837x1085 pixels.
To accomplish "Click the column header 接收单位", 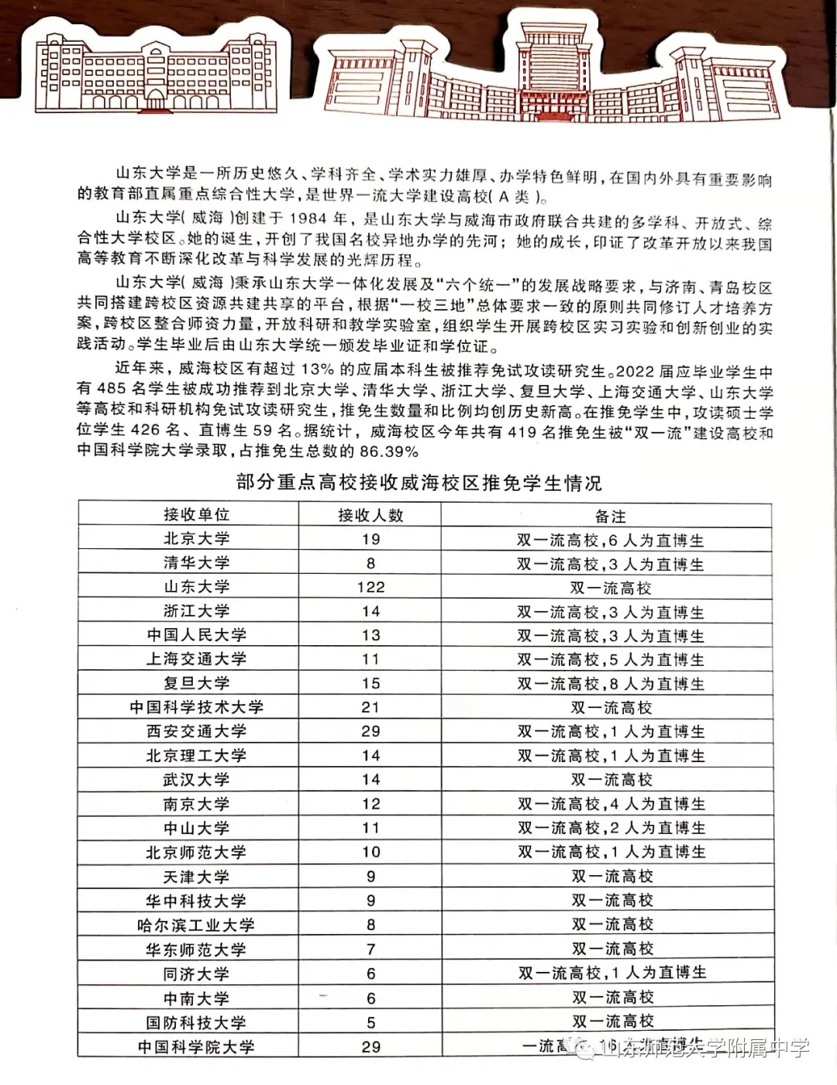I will coord(196,515).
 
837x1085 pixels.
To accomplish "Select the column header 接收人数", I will coord(370,515).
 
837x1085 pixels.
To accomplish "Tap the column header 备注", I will coord(610,516).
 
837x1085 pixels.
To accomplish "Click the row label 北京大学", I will coord(196,539).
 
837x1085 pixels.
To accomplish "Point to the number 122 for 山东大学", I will coord(370,587).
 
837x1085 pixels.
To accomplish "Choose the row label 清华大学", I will coord(196,563).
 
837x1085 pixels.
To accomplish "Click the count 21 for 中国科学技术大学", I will coord(370,707).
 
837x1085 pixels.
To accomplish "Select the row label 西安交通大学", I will coord(196,731).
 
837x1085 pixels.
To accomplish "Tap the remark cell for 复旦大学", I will coord(611,684).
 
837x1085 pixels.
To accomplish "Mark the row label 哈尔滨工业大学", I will coord(196,925).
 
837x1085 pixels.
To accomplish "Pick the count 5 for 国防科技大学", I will coord(370,1022).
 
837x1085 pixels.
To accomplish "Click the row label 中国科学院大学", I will coord(196,1047).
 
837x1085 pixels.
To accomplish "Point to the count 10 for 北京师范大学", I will coord(370,852).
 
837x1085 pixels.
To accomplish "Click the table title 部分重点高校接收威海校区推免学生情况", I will coord(418,483).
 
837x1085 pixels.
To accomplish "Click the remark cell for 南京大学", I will coord(611,804).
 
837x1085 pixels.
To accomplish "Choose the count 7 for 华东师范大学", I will coord(370,949).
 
